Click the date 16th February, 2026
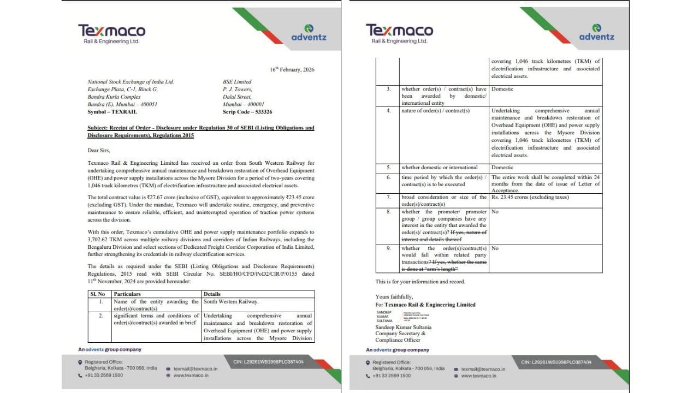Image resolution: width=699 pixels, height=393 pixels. [x=292, y=69]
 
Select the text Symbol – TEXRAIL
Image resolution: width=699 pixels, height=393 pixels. [x=112, y=111]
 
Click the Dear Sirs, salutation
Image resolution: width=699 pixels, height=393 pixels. [x=98, y=150]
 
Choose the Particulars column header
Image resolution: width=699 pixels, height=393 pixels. [x=127, y=294]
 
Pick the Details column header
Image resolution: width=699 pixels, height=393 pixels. [x=212, y=294]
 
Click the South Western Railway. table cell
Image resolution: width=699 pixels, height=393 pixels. [x=231, y=301]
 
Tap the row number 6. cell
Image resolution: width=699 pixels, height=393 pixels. [x=389, y=177]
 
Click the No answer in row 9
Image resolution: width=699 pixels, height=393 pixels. [x=495, y=248]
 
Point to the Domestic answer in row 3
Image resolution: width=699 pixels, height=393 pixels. [x=502, y=89]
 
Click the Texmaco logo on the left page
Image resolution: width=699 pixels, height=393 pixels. [x=111, y=33]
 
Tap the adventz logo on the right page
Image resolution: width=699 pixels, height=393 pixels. [x=596, y=33]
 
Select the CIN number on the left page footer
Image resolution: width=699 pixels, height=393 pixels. [x=268, y=361]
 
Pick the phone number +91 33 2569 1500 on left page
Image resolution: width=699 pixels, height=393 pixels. [x=103, y=376]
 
